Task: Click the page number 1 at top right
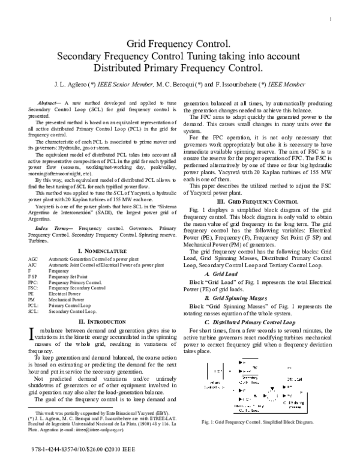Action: [x=331, y=20]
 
